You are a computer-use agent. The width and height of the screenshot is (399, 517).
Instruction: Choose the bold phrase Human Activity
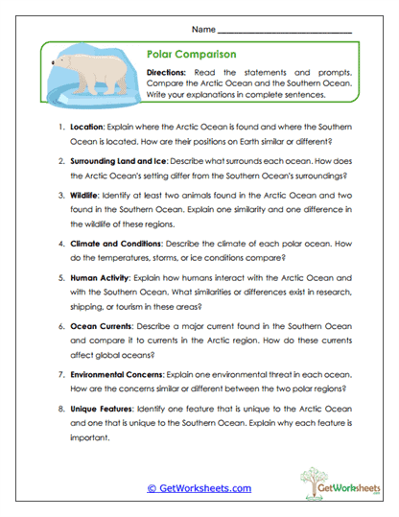pos(105,276)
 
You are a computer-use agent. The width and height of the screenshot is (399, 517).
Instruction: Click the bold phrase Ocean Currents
pos(106,326)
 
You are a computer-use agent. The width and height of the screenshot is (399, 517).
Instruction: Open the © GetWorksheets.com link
pos(199,487)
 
